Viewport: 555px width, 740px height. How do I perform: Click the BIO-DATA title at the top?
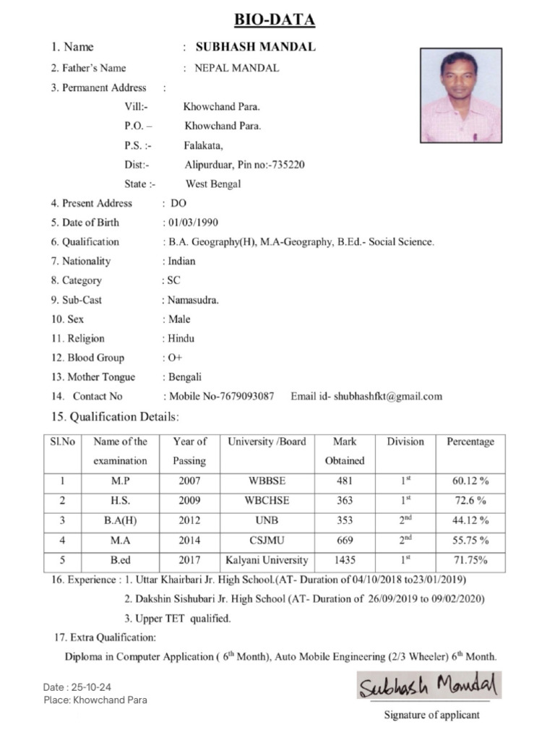[274, 20]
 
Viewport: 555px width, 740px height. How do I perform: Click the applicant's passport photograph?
[460, 95]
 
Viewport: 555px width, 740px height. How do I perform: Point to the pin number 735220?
[287, 165]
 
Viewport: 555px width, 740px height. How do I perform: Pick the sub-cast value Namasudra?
[193, 300]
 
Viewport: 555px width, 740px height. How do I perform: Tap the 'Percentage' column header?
[470, 442]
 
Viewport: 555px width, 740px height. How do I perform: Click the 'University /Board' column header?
[267, 442]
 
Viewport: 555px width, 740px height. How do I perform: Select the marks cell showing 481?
[344, 481]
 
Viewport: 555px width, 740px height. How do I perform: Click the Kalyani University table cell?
[267, 560]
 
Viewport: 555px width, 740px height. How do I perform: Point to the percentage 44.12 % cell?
[470, 520]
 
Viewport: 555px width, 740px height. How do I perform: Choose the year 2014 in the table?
[189, 541]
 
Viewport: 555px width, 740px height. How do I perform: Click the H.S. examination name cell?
[120, 501]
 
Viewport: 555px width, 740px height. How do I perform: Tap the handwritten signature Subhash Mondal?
[428, 685]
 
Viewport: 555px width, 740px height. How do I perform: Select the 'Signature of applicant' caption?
[431, 715]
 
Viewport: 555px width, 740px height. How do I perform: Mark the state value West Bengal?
[213, 184]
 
